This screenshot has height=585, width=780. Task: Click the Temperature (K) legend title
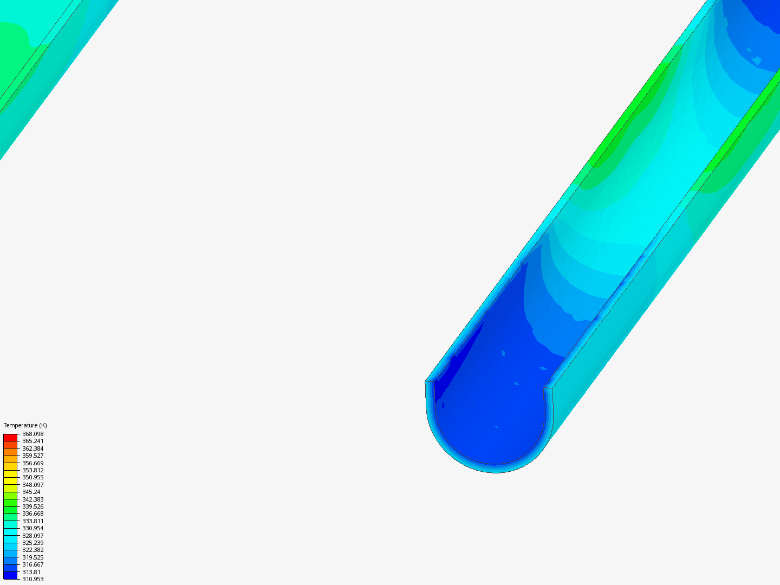(25, 425)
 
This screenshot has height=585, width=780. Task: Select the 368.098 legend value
(32, 434)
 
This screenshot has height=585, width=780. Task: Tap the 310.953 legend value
(32, 579)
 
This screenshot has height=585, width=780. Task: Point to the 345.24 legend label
(31, 492)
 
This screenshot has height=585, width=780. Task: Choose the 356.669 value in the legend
(32, 463)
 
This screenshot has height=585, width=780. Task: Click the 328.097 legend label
(32, 536)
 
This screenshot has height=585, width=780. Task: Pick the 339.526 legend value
(32, 506)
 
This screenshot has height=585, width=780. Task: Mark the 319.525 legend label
(32, 557)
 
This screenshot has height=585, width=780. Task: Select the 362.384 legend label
(32, 448)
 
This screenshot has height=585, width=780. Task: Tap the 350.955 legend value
(32, 477)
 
